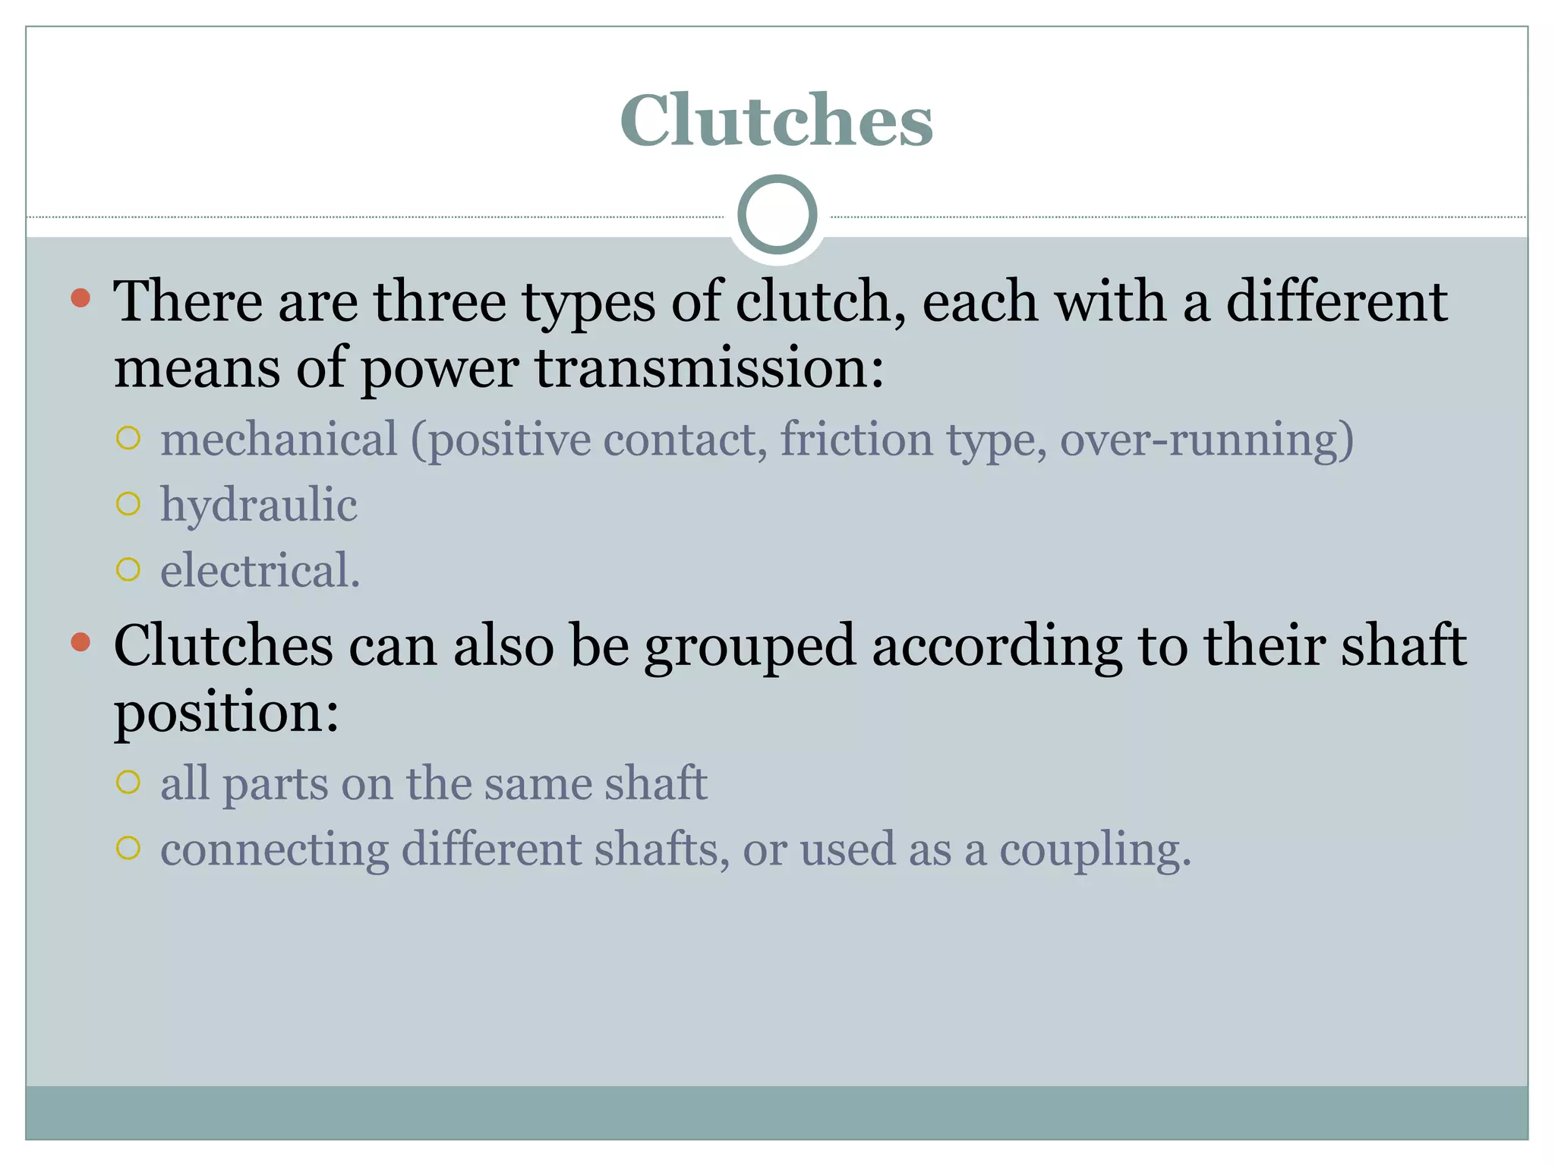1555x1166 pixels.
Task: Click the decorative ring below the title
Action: [x=777, y=215]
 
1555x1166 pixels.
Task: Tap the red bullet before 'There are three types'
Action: [x=80, y=298]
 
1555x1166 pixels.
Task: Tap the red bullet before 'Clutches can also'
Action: [x=80, y=642]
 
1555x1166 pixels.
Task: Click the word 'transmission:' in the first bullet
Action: [x=709, y=367]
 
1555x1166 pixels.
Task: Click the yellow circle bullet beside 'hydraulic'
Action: [x=129, y=504]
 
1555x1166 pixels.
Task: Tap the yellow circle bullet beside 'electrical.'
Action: [x=129, y=569]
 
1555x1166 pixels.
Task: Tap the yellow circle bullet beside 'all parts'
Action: [x=129, y=782]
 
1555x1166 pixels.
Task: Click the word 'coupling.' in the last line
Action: [x=1095, y=849]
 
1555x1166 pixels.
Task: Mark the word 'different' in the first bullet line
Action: [x=1336, y=301]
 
